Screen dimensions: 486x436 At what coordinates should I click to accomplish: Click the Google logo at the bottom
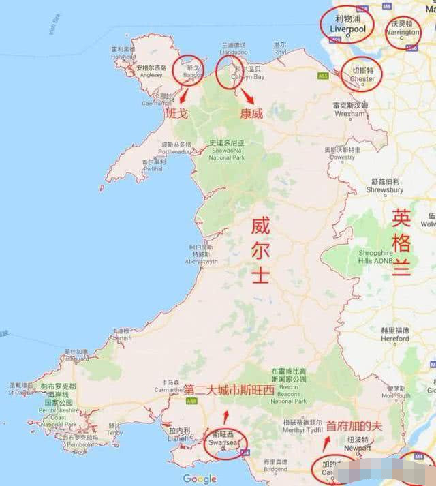tap(200, 479)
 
